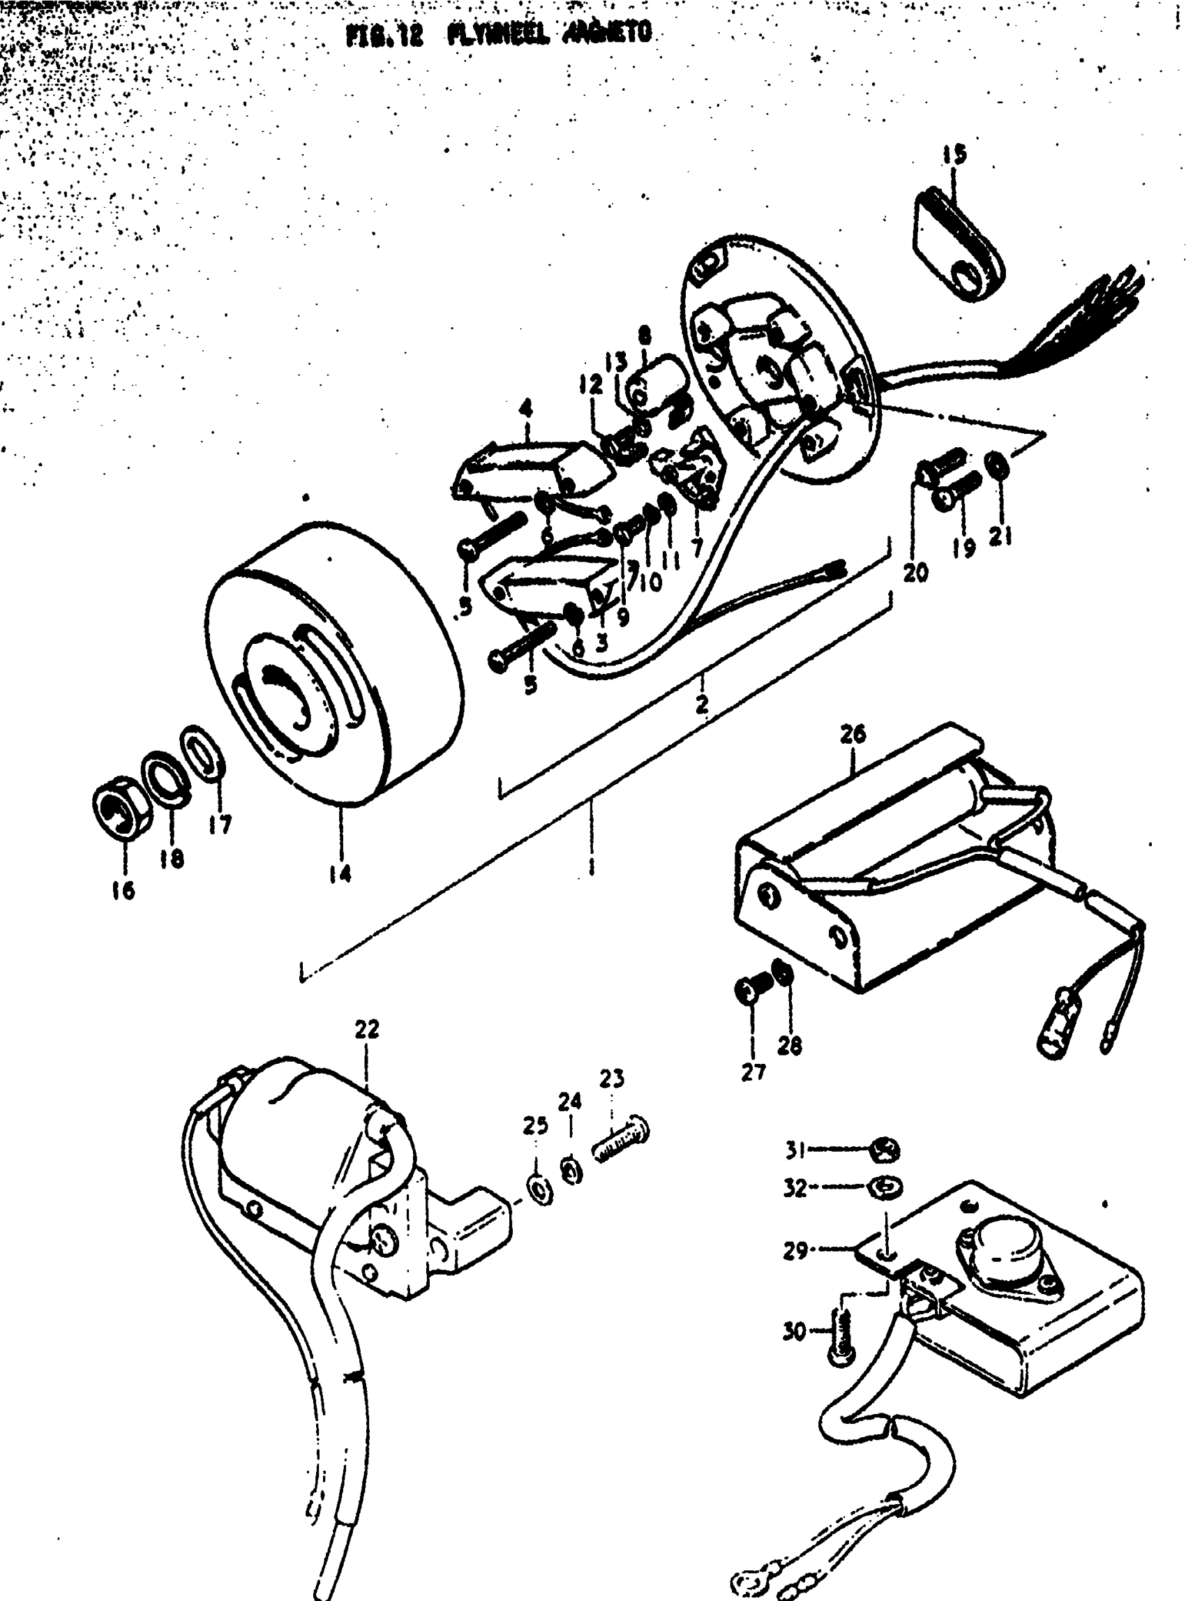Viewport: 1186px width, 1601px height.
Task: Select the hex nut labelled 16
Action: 121,809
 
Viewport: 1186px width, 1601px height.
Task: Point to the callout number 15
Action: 954,154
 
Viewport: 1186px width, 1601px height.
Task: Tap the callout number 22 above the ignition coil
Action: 366,1029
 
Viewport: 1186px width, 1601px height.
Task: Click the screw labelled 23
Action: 621,1138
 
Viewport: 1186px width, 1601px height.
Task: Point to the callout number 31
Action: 794,1151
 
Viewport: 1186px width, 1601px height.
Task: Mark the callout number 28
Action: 790,1045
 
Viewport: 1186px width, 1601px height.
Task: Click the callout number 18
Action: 172,858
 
